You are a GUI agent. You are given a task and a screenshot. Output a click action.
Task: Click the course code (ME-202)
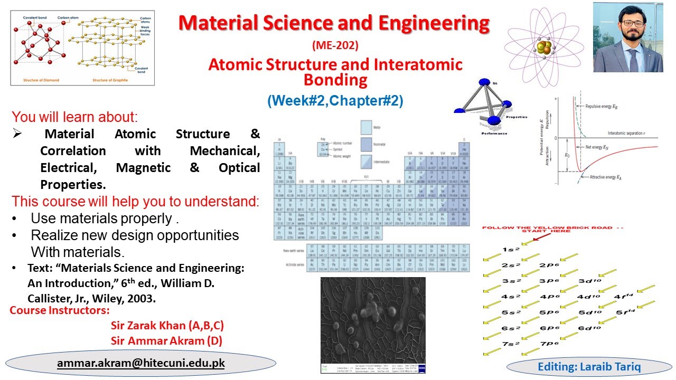(335, 46)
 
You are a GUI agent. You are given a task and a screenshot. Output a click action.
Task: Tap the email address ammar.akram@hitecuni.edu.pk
(141, 363)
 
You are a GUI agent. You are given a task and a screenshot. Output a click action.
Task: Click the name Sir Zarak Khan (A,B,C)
(167, 326)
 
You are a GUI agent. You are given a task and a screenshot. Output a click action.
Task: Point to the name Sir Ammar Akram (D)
(166, 341)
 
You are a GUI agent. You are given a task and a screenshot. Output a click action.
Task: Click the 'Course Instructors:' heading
(60, 310)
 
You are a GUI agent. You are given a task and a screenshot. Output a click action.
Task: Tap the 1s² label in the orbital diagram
(511, 250)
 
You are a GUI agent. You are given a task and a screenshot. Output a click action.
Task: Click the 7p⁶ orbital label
(549, 344)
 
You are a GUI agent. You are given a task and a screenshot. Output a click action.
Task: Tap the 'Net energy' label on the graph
(597, 147)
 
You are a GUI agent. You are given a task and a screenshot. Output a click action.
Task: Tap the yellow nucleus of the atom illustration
(544, 46)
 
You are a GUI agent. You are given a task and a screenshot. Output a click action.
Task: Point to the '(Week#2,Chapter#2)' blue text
(335, 100)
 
